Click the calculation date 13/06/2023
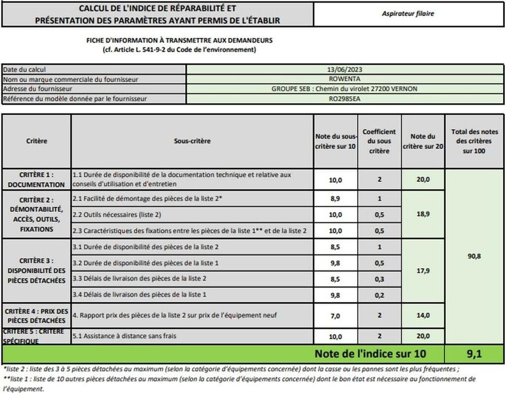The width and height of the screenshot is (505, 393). point(345,70)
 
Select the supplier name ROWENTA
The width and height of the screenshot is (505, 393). point(345,79)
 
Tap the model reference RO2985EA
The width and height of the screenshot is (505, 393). point(345,98)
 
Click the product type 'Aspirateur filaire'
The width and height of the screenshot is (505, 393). point(408,14)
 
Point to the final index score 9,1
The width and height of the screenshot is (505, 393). point(474,353)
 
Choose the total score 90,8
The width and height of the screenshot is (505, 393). point(474,256)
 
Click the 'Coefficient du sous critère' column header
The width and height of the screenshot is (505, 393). point(379,141)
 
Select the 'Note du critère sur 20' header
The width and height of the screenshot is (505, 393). point(423,141)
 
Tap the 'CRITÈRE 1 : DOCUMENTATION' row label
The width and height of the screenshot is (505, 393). point(36,180)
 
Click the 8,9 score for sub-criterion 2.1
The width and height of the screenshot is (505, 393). point(335,198)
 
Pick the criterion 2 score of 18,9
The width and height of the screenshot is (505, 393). point(423,214)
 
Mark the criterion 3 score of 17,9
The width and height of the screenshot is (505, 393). point(423,270)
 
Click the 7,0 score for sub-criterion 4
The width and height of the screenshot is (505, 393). point(335,316)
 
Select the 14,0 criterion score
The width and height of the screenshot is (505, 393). point(423,316)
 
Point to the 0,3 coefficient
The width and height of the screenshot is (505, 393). point(379,279)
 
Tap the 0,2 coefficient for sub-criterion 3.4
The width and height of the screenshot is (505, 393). point(379,295)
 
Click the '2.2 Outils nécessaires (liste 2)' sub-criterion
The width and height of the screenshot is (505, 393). point(117,214)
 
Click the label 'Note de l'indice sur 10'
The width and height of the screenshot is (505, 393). point(370,354)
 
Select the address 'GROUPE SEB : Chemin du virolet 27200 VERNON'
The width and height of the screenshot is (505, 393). point(345,89)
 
